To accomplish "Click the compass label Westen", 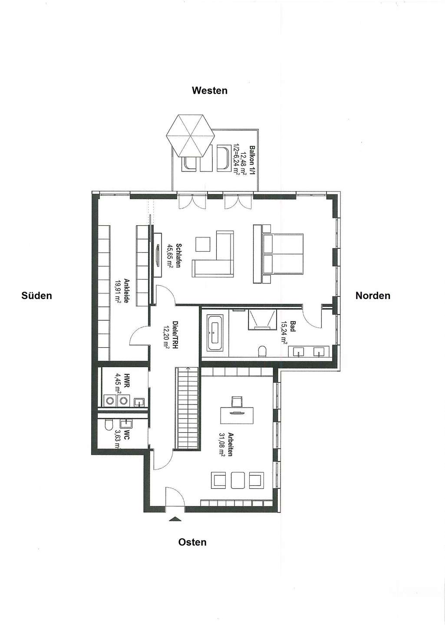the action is [209, 90].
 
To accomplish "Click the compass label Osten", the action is [192, 542].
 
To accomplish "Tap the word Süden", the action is [36, 296].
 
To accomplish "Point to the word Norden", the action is [372, 296].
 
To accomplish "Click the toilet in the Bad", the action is [263, 351].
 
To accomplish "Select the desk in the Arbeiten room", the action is [237, 415].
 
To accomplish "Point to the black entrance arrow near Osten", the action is [175, 518].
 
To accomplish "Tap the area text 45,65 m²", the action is [170, 256].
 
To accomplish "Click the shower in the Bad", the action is [262, 320].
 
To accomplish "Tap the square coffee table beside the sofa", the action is [203, 244].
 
